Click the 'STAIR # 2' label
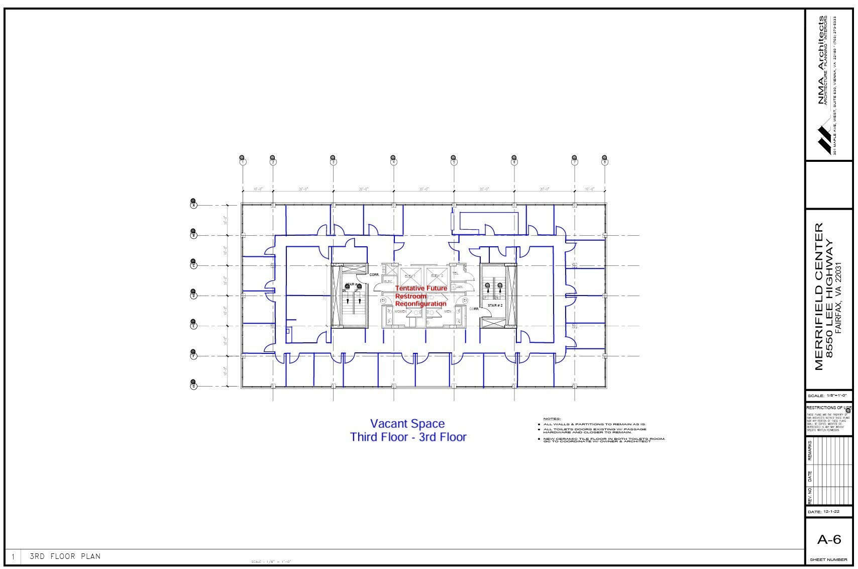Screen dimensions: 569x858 coord(495,305)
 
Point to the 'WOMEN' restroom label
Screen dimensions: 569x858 coord(400,312)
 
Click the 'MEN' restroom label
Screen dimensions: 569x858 coord(448,312)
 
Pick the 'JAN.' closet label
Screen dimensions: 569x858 coord(459,287)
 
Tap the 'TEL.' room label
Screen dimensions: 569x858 coord(456,273)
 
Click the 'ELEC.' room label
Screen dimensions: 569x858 coord(388,281)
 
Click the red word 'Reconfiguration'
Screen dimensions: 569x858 coord(420,304)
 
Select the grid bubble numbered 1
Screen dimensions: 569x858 coord(243,162)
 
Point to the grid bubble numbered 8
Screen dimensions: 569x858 coord(605,162)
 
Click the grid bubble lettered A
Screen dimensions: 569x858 coord(193,205)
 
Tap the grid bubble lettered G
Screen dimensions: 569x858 coord(193,386)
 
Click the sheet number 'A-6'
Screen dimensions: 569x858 coord(828,540)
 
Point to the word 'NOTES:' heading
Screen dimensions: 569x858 coord(552,419)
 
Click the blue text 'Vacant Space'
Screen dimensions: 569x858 coord(407,424)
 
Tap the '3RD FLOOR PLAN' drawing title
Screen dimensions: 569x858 coord(65,556)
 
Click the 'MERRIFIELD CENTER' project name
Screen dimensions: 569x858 coord(819,297)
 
